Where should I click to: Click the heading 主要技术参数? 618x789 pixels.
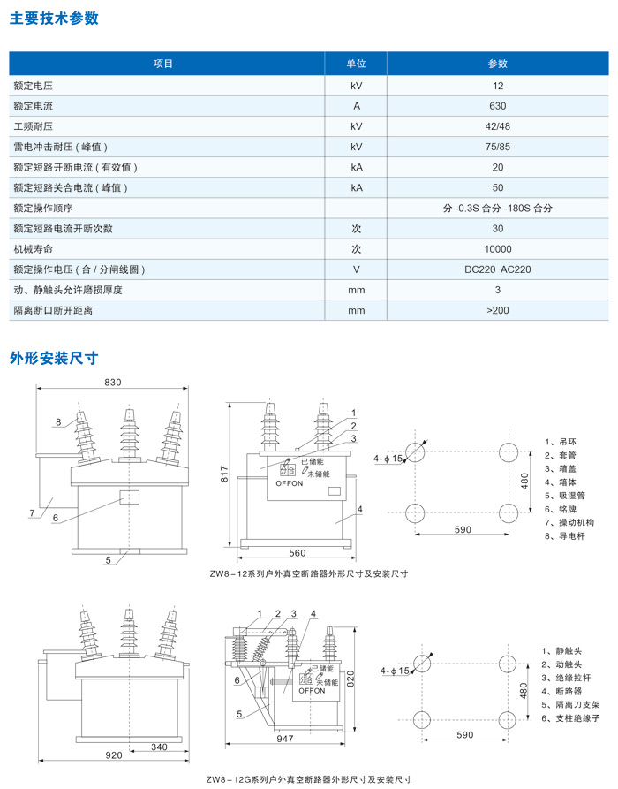pos(54,19)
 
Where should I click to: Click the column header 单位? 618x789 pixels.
pos(356,64)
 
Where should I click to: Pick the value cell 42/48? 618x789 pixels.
pos(498,126)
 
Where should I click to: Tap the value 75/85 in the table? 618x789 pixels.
pos(498,147)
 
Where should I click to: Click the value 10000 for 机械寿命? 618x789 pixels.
pos(498,249)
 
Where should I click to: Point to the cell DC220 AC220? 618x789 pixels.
pos(498,269)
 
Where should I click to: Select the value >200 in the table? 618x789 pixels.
pos(498,310)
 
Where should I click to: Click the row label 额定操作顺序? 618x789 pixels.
pos(43,209)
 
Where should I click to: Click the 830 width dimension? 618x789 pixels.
pos(112,383)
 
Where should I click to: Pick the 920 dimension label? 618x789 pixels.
pos(115,756)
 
